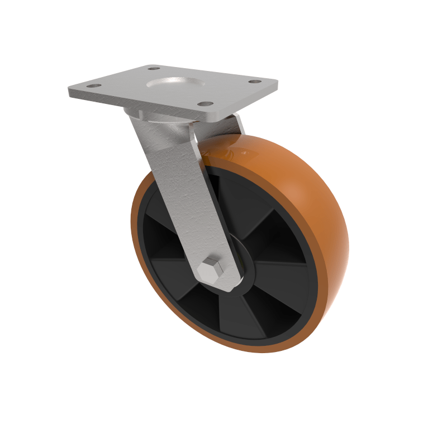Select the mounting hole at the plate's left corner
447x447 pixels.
point(93,87)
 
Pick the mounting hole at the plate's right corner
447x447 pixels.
point(254,82)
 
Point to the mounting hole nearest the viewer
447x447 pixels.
point(206,104)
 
